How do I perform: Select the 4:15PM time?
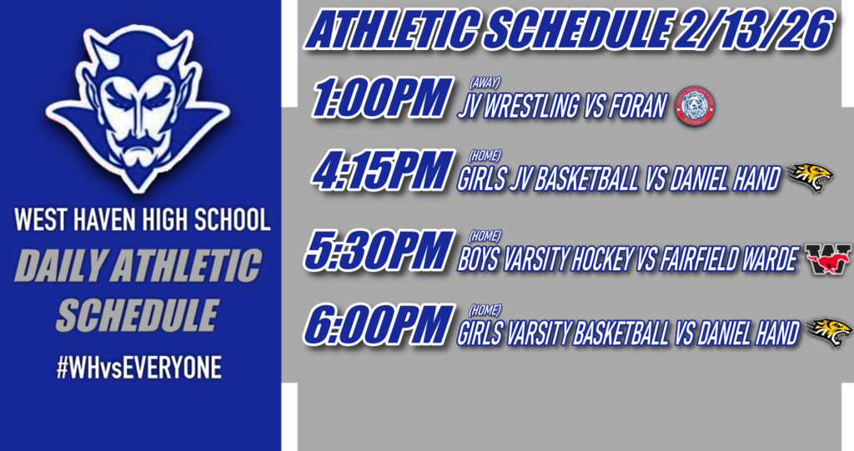click(383, 173)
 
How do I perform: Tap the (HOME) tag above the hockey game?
click(485, 236)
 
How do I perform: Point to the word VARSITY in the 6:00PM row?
click(536, 333)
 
